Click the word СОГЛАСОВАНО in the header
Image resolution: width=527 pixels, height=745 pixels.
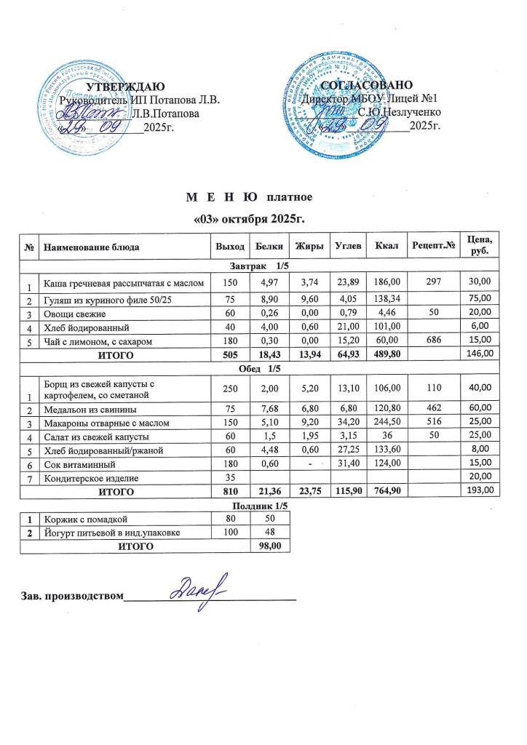click(x=373, y=87)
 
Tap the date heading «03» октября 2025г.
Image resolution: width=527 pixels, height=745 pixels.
click(x=248, y=218)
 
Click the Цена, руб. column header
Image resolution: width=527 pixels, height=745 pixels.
click(x=479, y=247)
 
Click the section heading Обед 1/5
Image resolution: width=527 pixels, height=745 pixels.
click(x=248, y=367)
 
